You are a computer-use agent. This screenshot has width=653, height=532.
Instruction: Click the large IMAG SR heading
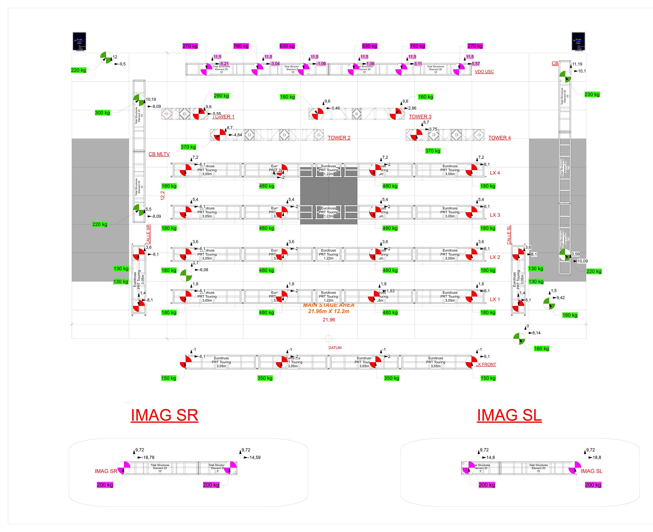point(164,415)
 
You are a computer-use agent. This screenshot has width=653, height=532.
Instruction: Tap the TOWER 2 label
point(339,138)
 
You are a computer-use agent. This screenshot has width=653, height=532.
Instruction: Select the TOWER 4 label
point(499,138)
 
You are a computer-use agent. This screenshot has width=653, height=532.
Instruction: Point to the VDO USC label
point(484,72)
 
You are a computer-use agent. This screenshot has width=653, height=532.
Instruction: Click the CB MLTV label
point(159,154)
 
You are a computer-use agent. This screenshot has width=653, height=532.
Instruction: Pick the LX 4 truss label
point(495,173)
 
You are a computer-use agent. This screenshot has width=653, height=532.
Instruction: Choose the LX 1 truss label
point(495,299)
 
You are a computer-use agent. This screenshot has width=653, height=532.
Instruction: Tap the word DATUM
point(335,348)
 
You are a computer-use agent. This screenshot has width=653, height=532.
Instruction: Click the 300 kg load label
point(102,113)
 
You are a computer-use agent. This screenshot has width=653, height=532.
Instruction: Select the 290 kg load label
point(221,96)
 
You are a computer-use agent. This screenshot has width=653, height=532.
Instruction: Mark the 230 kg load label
point(592,94)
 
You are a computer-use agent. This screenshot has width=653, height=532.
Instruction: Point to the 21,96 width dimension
point(329,320)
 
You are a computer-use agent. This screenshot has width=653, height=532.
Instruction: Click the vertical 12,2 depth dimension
point(163,196)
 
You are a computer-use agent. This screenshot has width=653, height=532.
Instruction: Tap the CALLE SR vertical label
point(148,234)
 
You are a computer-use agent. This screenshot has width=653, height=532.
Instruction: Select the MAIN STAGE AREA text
point(329,305)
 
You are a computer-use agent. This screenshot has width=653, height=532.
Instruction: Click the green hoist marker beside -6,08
point(186,276)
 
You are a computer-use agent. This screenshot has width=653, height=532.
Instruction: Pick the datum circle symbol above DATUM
point(329,339)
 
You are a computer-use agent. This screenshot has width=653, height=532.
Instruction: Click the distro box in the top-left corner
point(79,41)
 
